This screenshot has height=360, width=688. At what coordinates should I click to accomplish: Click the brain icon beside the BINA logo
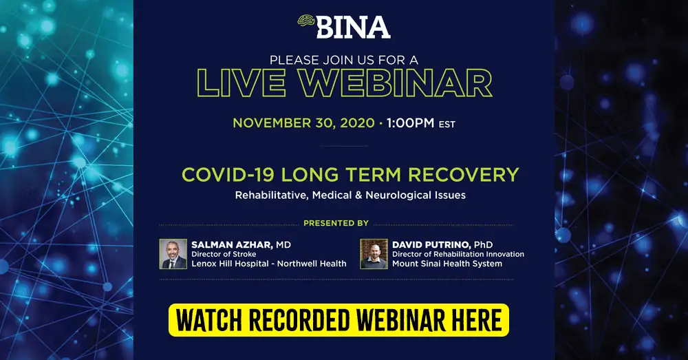coord(306,21)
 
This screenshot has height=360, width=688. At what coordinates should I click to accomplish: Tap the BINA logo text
coord(353,28)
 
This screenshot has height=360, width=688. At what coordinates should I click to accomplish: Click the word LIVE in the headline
coord(241,83)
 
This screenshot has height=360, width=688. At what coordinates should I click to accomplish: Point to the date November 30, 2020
coord(303,123)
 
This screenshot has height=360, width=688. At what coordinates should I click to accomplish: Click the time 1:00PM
coord(410,123)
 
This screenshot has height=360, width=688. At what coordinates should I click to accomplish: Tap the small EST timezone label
coord(447,124)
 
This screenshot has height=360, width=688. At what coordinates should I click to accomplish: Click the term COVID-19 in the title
coord(228,175)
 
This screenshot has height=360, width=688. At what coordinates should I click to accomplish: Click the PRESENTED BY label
coord(336,223)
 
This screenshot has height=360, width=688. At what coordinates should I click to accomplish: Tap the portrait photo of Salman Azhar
coord(173,254)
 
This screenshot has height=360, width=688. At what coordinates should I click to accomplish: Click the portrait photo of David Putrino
coord(374,254)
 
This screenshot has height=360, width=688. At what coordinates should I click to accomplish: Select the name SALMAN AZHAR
coord(232,244)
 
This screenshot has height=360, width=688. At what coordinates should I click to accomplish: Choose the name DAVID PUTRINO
coord(431,244)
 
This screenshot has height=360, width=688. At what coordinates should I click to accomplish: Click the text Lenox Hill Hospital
coord(230,264)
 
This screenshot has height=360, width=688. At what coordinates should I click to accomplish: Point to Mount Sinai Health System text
coord(447,264)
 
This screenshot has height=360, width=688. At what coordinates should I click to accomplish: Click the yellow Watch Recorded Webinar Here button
coord(338,320)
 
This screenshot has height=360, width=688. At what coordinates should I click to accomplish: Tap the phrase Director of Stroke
coord(224,254)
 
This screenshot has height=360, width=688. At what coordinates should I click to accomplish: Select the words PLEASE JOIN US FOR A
coord(344,60)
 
